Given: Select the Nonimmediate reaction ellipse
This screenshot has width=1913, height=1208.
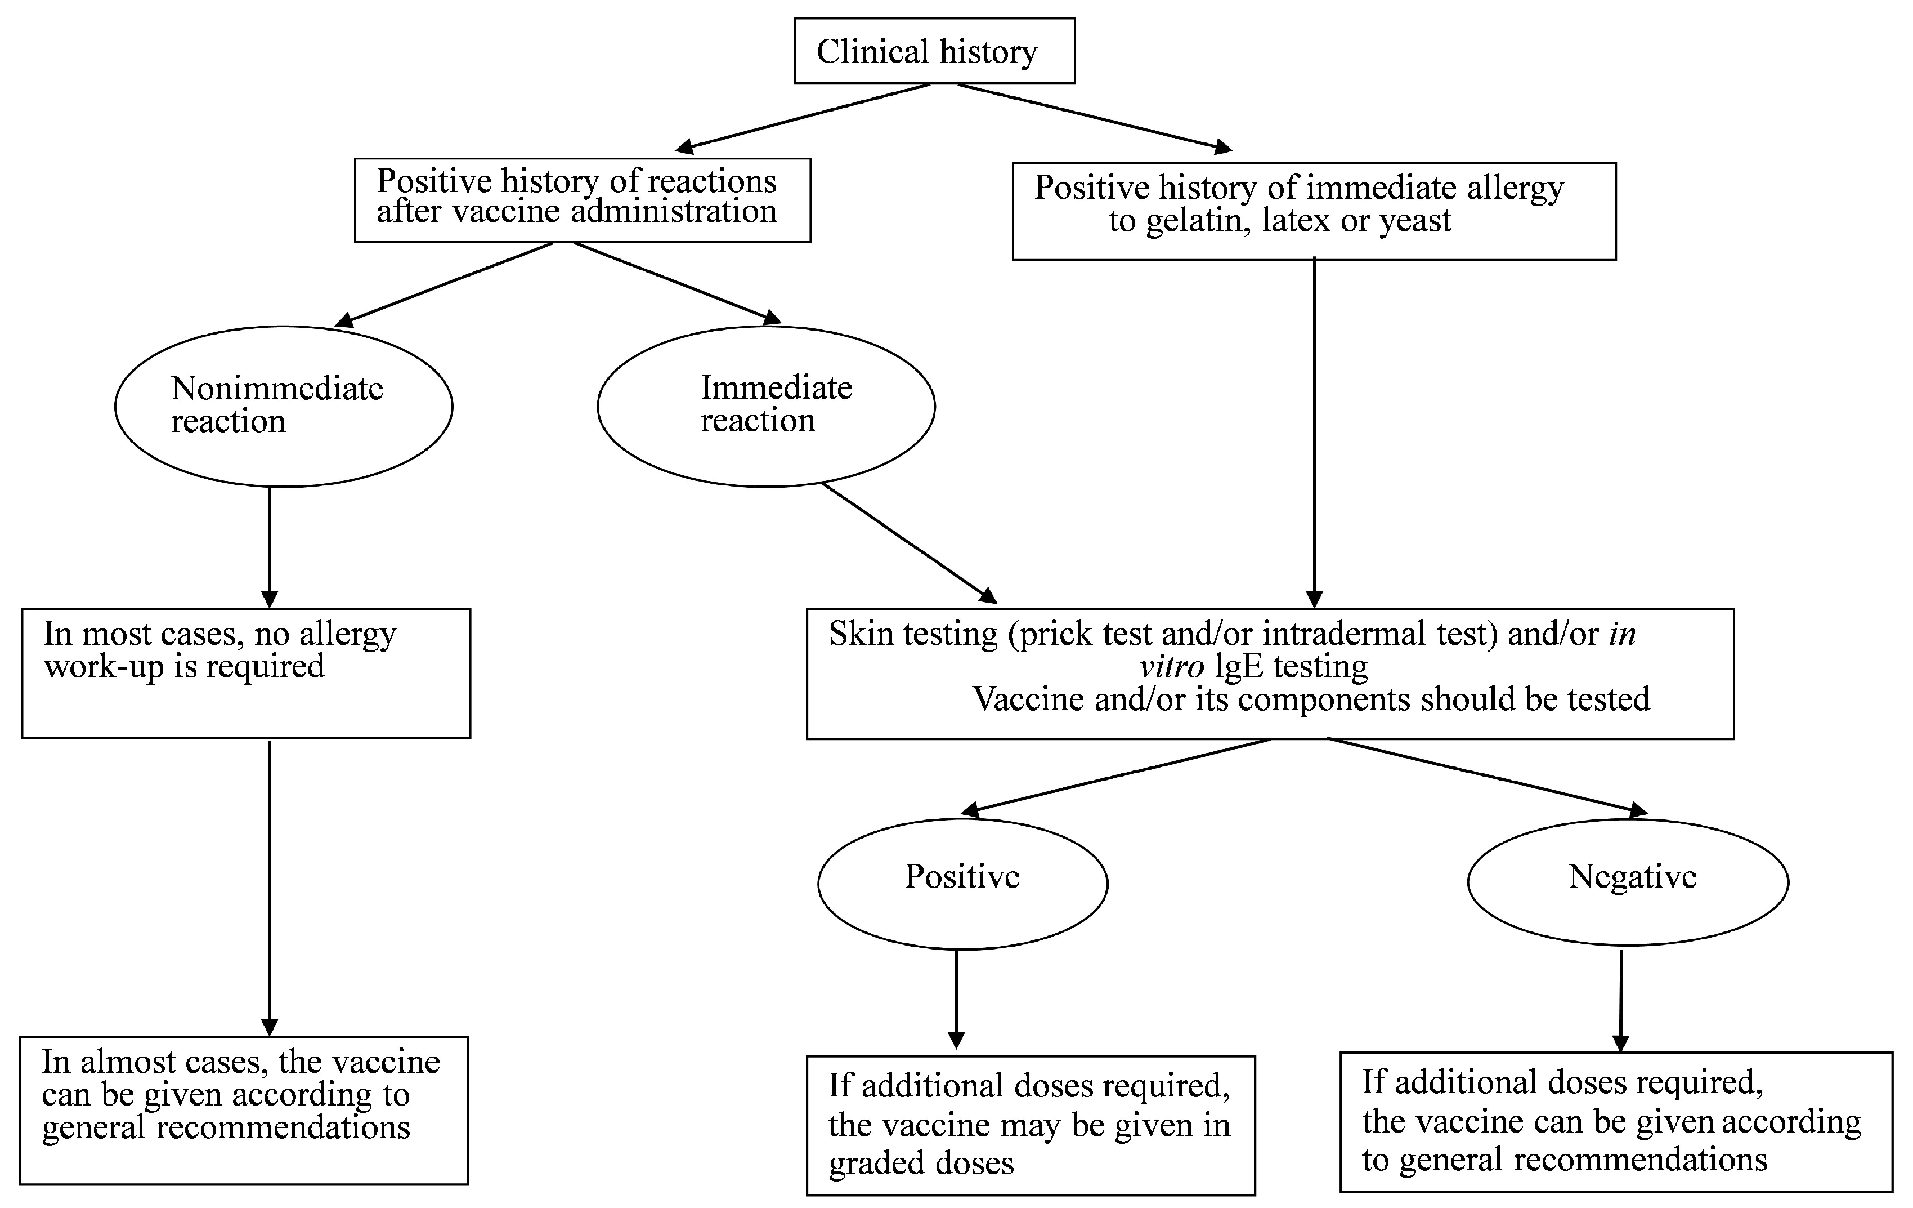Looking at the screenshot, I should [284, 406].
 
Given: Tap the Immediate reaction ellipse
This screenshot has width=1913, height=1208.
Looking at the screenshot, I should [766, 406].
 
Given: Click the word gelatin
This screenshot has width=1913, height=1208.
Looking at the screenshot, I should [1198, 221].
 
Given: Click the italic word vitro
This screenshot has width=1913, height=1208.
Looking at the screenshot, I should [1171, 667].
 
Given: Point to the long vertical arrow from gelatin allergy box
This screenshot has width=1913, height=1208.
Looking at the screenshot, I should [1314, 433].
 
